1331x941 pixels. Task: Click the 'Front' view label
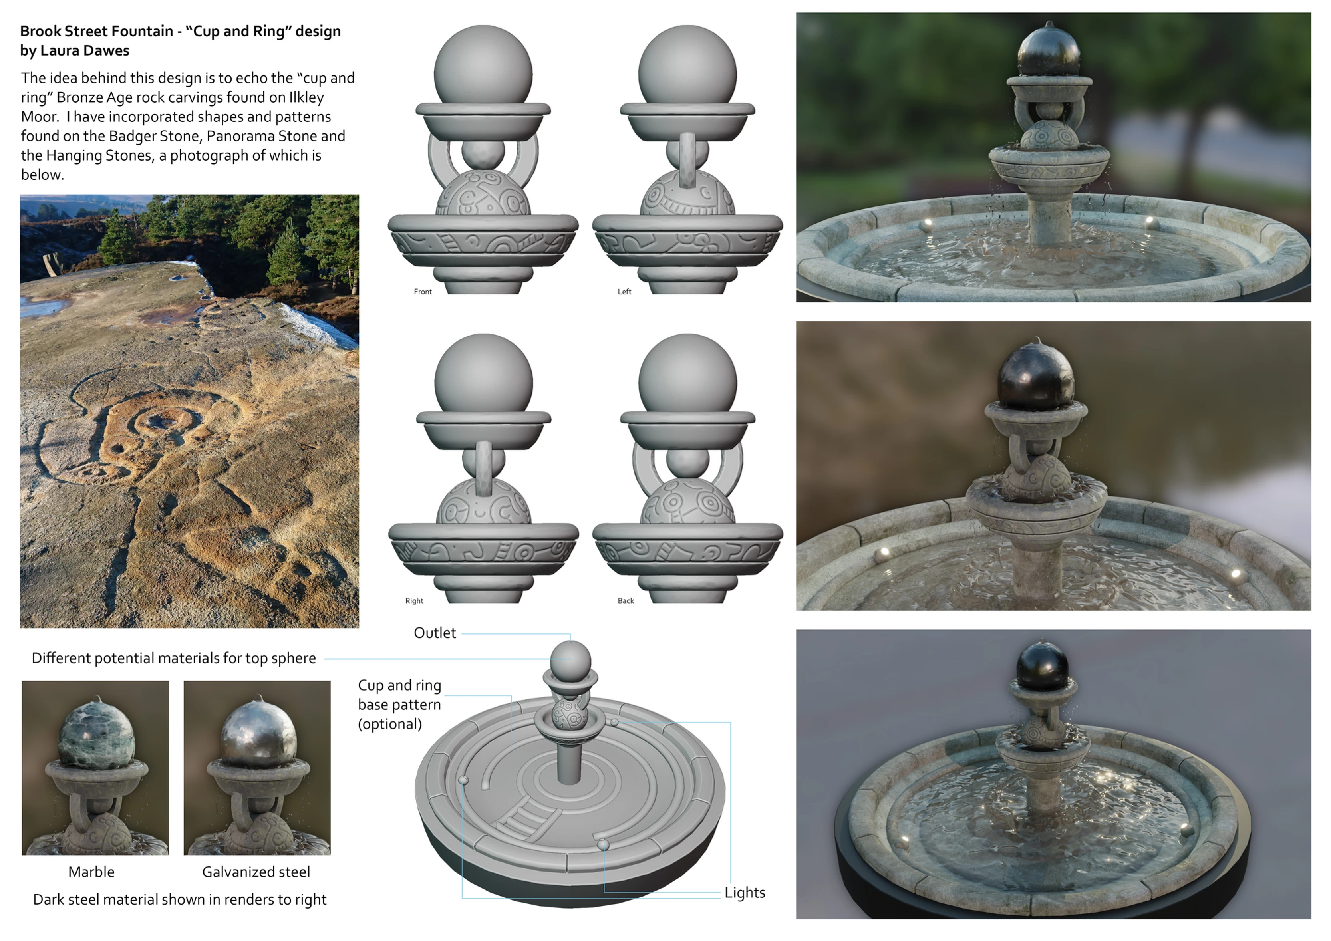point(423,292)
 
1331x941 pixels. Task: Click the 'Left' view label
point(624,292)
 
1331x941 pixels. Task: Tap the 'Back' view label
point(626,601)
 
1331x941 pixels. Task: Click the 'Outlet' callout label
point(435,633)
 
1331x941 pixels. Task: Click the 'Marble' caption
point(91,872)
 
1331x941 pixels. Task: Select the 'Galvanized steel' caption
point(256,872)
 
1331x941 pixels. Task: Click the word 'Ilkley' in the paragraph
point(306,97)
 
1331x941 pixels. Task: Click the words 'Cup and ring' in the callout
point(399,685)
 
